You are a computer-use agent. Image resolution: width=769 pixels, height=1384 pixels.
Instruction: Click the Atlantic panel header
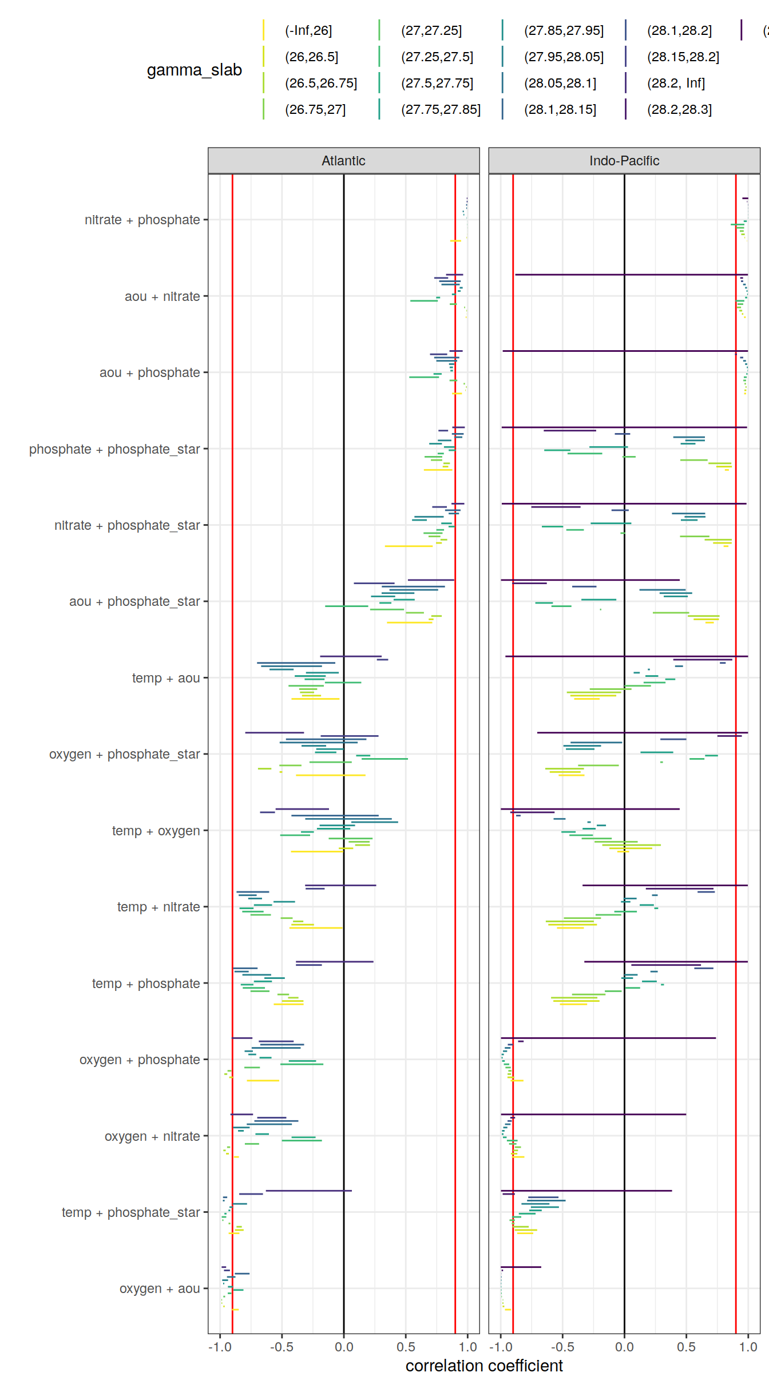[x=343, y=161]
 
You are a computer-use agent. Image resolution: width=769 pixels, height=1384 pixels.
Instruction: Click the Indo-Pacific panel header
[x=624, y=161]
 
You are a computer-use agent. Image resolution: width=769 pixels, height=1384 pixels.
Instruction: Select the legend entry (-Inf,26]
[x=308, y=30]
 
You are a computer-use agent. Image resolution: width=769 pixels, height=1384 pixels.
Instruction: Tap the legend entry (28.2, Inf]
[x=675, y=83]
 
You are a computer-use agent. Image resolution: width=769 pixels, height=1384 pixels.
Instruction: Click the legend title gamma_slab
[x=194, y=70]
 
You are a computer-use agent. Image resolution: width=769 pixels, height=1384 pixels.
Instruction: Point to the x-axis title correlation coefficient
[x=484, y=1366]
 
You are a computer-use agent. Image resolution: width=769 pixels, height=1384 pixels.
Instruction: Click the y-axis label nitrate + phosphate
[x=142, y=220]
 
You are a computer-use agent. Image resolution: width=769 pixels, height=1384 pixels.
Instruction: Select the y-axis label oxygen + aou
[x=159, y=1288]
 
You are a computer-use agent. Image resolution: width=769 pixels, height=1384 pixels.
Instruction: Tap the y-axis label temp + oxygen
[x=156, y=831]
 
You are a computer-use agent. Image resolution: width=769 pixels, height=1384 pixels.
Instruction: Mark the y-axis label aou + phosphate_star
[x=134, y=601]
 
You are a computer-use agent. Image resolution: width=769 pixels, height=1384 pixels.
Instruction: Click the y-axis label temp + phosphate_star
[x=130, y=1212]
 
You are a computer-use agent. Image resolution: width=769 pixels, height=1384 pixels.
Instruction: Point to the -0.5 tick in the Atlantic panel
[x=282, y=1347]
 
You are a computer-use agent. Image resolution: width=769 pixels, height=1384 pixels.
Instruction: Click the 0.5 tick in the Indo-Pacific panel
[x=686, y=1347]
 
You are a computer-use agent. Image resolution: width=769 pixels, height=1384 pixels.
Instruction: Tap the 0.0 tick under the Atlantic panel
[x=344, y=1347]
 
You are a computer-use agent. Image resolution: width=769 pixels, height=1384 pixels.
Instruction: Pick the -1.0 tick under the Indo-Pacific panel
[x=501, y=1347]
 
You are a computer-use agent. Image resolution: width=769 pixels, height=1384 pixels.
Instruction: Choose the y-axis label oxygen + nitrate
[x=152, y=1136]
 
